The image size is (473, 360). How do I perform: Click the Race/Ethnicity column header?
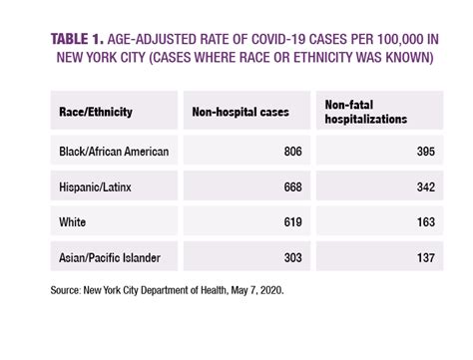(x=94, y=112)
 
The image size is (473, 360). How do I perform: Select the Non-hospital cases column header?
(x=239, y=112)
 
